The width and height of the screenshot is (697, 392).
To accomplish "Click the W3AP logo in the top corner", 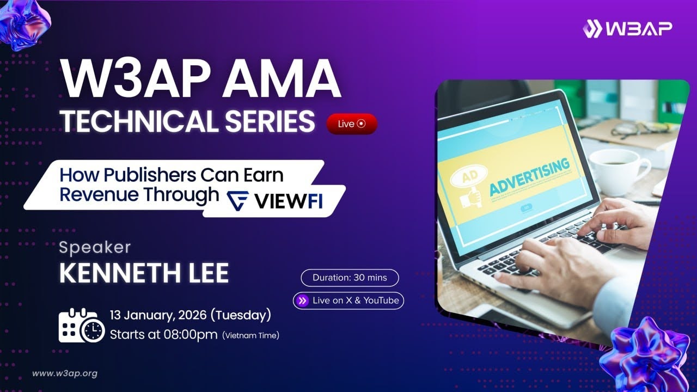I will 627,28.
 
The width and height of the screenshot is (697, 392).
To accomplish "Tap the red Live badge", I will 351,124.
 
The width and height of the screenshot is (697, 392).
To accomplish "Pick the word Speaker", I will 95,248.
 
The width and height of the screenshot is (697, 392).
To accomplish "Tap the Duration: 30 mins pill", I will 350,278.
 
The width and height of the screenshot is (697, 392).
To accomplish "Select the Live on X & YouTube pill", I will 348,301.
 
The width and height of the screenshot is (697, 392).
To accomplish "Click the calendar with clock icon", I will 81,325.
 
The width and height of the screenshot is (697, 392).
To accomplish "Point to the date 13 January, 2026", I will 158,315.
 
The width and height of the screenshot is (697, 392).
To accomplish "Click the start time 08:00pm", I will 191,334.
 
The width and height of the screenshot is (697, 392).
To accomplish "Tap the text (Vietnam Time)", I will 250,335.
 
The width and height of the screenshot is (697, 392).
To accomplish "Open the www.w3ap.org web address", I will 64,373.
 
